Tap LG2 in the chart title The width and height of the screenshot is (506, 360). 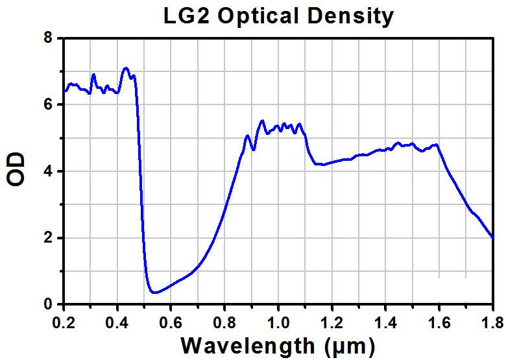[187, 16]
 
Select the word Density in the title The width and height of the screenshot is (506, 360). [350, 17]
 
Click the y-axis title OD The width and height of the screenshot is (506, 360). [16, 169]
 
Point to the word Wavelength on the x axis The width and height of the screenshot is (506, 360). [248, 346]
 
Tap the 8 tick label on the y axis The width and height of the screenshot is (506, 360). [48, 38]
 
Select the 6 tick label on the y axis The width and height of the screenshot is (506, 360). [48, 104]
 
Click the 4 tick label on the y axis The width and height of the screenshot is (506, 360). [48, 171]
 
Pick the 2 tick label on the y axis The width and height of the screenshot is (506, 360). [48, 238]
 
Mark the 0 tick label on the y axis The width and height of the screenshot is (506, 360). [48, 304]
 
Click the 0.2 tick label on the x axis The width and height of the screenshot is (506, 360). [64, 322]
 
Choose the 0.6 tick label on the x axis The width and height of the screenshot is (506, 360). [171, 322]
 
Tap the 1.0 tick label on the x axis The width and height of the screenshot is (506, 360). [278, 322]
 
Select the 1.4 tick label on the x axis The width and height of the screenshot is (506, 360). [385, 322]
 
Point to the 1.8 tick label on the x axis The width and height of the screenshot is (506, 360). [493, 322]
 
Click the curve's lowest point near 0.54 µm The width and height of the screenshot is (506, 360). [155, 293]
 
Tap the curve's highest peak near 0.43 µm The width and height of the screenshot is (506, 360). [126, 68]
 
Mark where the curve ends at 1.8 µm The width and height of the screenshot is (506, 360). [493, 238]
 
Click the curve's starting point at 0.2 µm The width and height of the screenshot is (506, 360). [65, 91]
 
